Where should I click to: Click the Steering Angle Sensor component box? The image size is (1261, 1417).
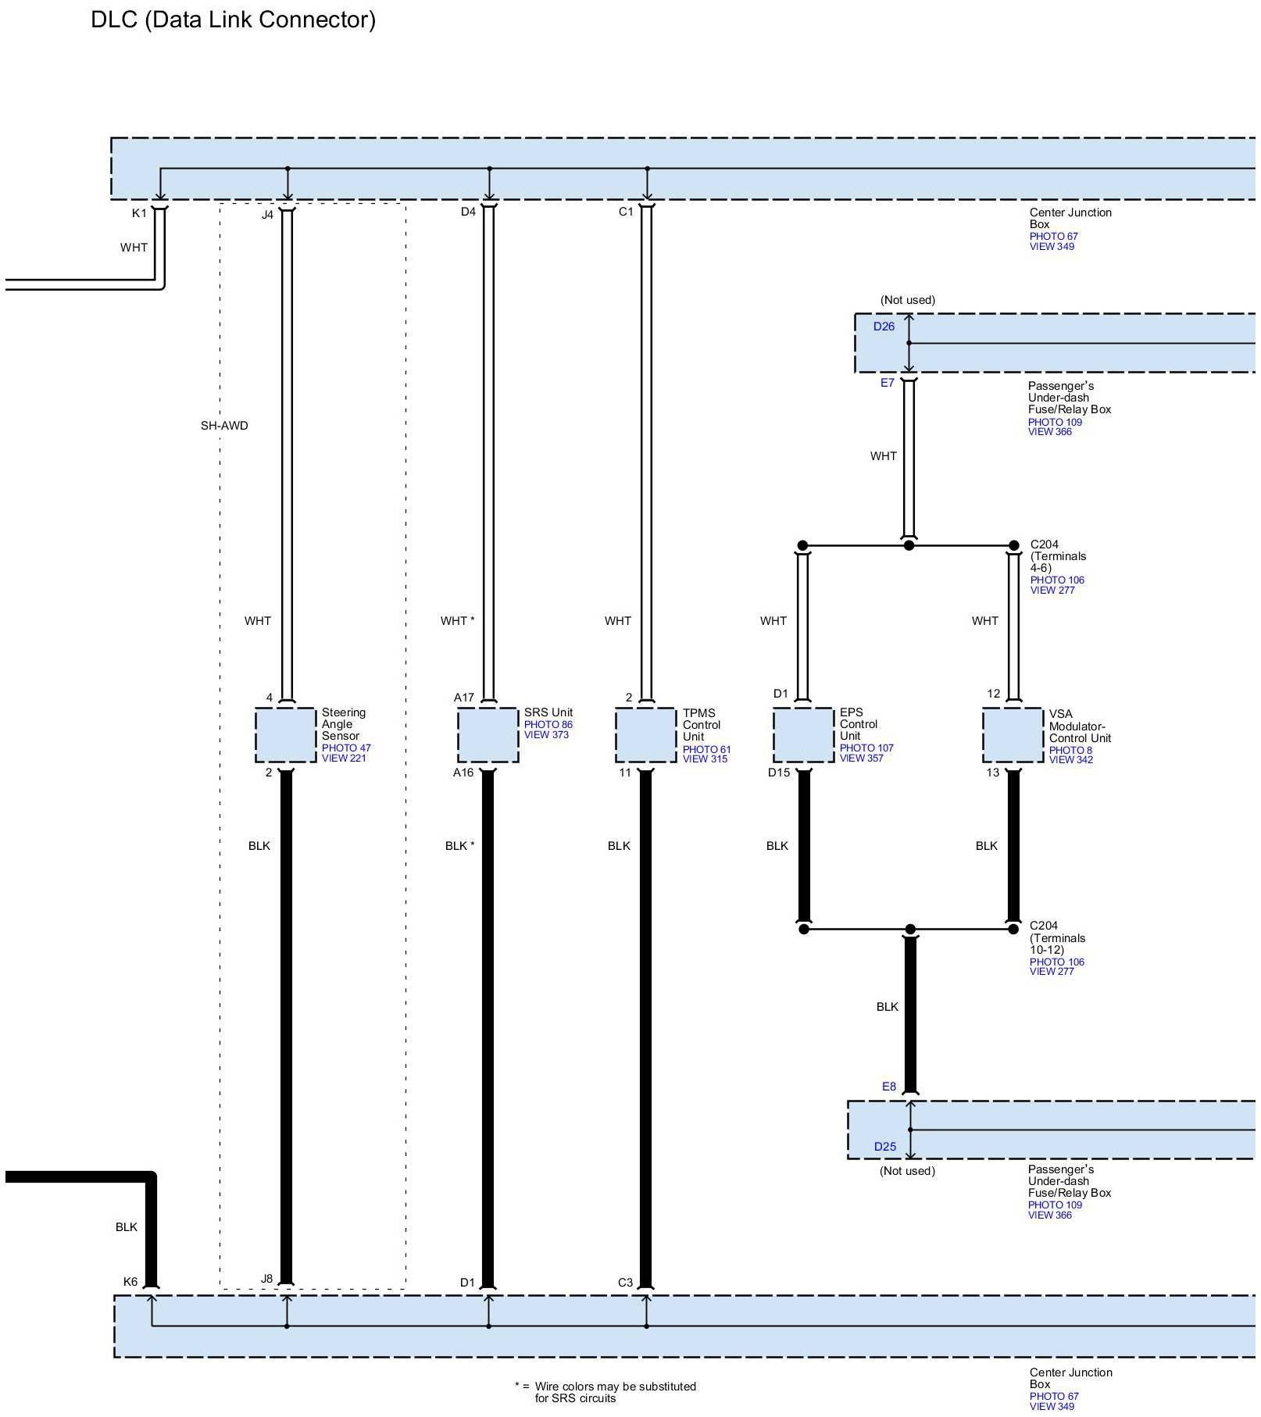pyautogui.click(x=285, y=735)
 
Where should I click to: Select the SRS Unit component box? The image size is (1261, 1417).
pyautogui.click(x=488, y=735)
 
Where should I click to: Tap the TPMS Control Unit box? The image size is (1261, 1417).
pyautogui.click(x=645, y=735)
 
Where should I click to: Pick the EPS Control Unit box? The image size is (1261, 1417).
pyautogui.click(x=803, y=735)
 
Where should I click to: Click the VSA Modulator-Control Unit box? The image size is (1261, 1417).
pyautogui.click(x=1013, y=735)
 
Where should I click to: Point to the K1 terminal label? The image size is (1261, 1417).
pyautogui.click(x=139, y=213)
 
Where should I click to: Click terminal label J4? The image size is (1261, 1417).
pyautogui.click(x=267, y=215)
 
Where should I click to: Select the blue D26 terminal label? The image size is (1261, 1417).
pyautogui.click(x=884, y=327)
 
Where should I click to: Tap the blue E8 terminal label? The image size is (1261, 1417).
pyautogui.click(x=888, y=1087)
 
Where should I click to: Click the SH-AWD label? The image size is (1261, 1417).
pyautogui.click(x=224, y=426)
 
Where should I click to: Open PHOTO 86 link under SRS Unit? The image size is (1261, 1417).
pyautogui.click(x=548, y=724)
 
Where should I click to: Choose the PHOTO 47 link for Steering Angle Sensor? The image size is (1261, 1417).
pyautogui.click(x=346, y=748)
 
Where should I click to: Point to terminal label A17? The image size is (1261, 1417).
pyautogui.click(x=464, y=698)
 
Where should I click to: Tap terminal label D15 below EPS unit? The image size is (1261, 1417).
pyautogui.click(x=778, y=773)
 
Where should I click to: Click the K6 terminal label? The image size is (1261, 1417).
pyautogui.click(x=130, y=1282)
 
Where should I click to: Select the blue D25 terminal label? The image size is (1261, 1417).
pyautogui.click(x=884, y=1147)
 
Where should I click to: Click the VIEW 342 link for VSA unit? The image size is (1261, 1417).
pyautogui.click(x=1070, y=759)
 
